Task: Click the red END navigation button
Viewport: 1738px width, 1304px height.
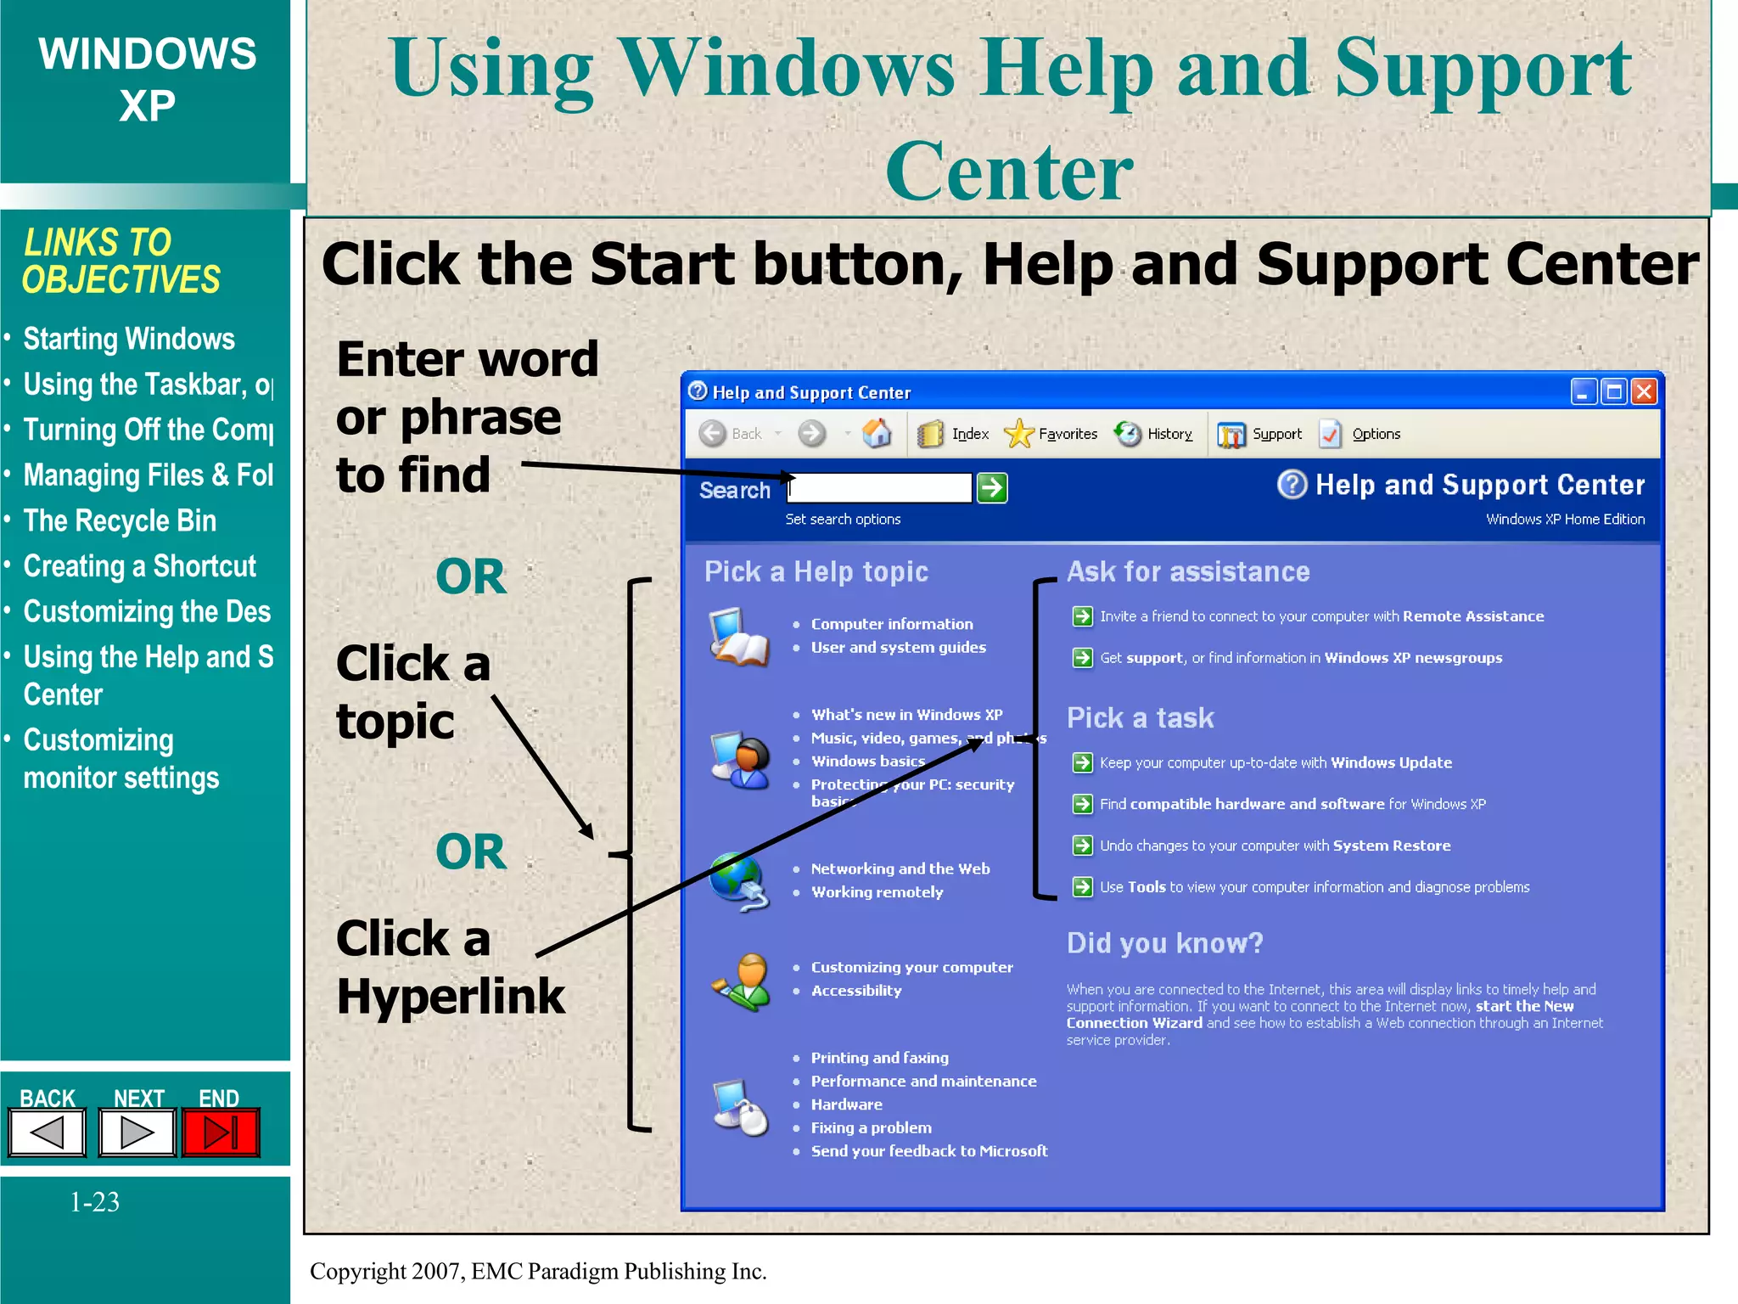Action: (221, 1133)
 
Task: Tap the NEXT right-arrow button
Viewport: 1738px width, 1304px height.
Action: (137, 1133)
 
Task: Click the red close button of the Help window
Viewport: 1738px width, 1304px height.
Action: (1644, 391)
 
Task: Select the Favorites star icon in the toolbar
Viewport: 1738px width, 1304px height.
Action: (1018, 434)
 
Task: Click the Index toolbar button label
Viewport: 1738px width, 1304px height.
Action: (970, 434)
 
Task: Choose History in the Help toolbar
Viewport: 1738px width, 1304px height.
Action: (1169, 434)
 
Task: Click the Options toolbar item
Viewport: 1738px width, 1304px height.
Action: (1376, 434)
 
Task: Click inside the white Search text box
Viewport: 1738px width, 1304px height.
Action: (880, 488)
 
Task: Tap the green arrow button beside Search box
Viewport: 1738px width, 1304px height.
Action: (992, 488)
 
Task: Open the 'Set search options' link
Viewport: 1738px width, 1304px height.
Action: (843, 519)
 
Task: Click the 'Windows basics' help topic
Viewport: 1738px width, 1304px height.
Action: (867, 762)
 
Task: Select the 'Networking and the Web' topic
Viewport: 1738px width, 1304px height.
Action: (900, 868)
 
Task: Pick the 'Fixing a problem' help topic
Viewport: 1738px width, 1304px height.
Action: (871, 1127)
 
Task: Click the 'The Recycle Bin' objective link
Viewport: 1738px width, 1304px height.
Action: (120, 520)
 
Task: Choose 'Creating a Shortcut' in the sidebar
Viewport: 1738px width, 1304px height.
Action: (139, 566)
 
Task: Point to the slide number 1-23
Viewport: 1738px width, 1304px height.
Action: (94, 1201)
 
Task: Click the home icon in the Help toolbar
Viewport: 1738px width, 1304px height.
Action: (877, 434)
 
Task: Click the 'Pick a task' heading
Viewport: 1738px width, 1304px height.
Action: (1140, 718)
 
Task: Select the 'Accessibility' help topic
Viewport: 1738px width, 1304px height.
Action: (855, 991)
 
